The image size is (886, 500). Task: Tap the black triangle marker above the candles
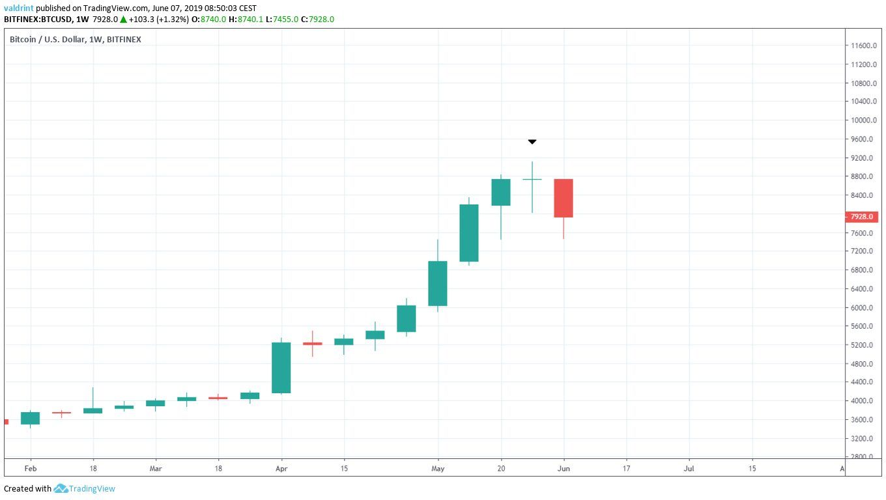tap(532, 141)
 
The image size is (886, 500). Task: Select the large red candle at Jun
tap(564, 198)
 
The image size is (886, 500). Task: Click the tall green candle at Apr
tap(281, 367)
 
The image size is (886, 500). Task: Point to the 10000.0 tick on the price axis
tap(864, 120)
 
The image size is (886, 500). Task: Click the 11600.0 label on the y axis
tap(864, 46)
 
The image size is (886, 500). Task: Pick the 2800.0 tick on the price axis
tap(864, 457)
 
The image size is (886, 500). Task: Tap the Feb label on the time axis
tap(30, 468)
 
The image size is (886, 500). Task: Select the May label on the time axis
tap(438, 468)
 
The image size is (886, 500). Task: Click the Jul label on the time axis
tap(689, 468)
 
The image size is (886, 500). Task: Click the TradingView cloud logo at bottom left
tap(61, 488)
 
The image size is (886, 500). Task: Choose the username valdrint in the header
tap(19, 8)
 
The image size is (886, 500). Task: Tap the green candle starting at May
tap(438, 283)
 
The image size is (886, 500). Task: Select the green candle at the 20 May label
tap(501, 192)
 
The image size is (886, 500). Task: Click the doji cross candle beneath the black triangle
tap(532, 179)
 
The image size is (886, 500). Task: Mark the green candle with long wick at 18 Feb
tap(93, 410)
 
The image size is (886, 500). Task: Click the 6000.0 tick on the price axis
tap(864, 307)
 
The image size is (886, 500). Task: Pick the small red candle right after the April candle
tap(312, 343)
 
